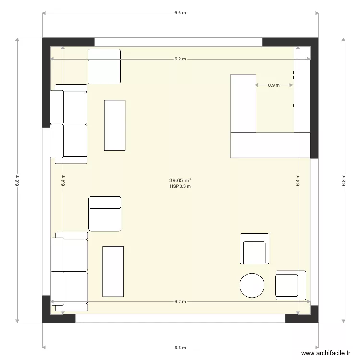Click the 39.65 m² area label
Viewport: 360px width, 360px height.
(x=180, y=181)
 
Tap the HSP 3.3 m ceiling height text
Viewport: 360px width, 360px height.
(x=180, y=187)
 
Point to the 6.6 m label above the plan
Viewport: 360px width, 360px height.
(x=180, y=13)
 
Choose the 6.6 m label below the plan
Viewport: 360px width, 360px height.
(x=180, y=348)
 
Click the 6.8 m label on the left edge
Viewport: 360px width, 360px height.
(x=18, y=180)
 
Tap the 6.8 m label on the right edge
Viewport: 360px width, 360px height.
(x=344, y=180)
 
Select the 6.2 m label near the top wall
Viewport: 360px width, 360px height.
(x=180, y=59)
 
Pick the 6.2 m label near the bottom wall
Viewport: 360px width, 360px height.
(x=180, y=302)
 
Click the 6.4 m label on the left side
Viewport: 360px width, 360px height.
(x=63, y=180)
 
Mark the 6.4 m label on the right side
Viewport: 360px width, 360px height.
(x=298, y=180)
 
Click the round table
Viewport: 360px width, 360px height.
(x=252, y=285)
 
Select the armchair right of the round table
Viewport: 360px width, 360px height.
(x=290, y=285)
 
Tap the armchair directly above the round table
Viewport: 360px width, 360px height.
(x=254, y=249)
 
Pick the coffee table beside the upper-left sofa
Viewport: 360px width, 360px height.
(x=115, y=125)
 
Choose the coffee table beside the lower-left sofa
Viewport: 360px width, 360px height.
(x=113, y=271)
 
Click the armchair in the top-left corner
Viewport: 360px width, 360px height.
(x=104, y=66)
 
